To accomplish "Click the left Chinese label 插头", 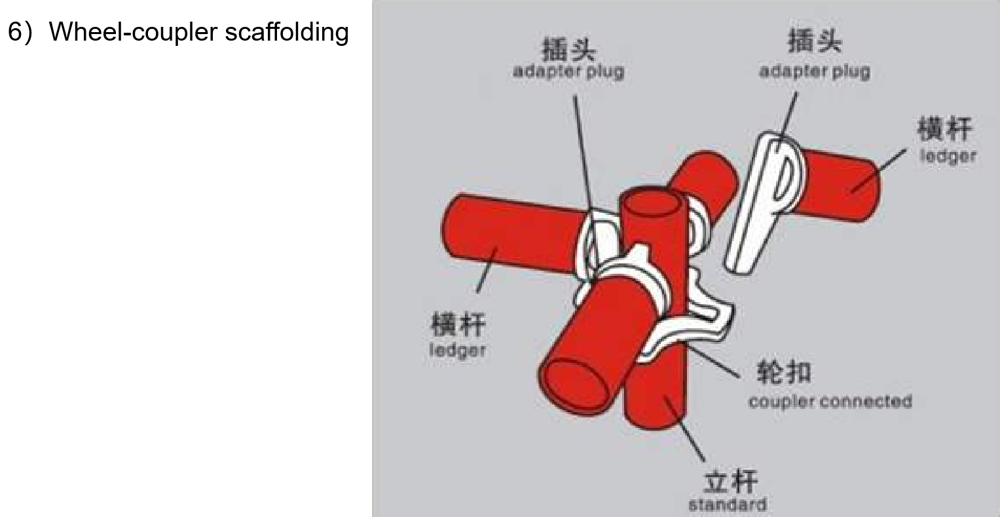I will pyautogui.click(x=568, y=50).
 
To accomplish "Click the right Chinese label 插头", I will pyautogui.click(x=814, y=42).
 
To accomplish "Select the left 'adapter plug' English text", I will pyautogui.click(x=568, y=71).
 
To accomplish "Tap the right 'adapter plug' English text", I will pyautogui.click(x=814, y=71).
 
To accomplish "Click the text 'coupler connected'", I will pyautogui.click(x=830, y=401).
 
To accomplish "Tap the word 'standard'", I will pyautogui.click(x=727, y=505).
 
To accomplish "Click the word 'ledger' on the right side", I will pyautogui.click(x=947, y=157).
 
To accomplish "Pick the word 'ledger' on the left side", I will pyautogui.click(x=457, y=351).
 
